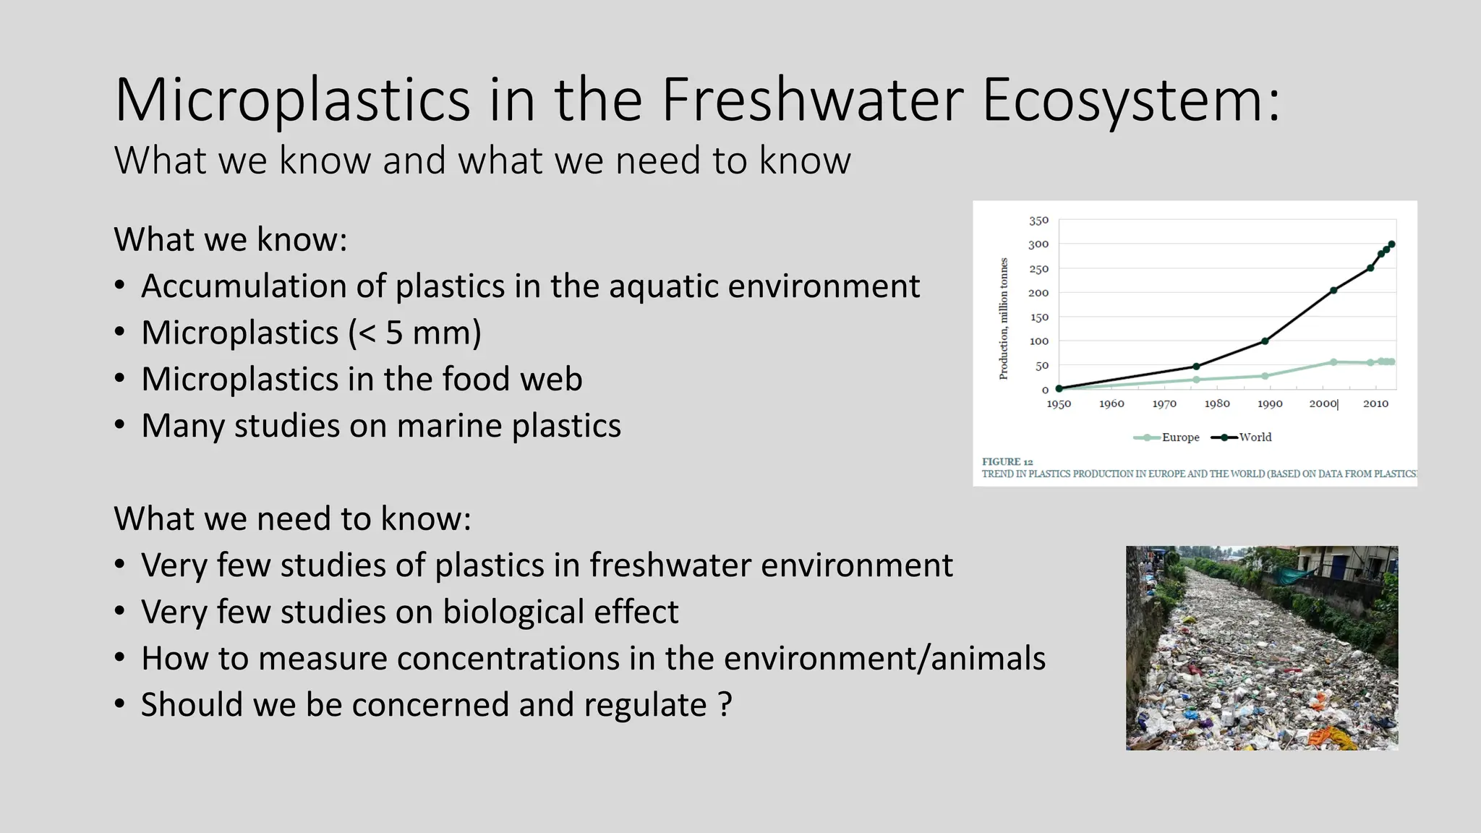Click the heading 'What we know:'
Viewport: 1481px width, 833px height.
[x=230, y=239]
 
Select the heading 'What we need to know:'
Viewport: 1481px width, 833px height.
[x=292, y=518]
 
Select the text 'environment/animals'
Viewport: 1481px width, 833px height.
[x=884, y=659]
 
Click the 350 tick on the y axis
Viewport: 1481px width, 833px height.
[x=1038, y=221]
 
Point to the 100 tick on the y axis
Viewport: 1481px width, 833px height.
[x=1038, y=341]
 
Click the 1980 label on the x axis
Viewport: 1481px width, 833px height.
[x=1217, y=403]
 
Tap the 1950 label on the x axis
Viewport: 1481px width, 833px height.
[x=1059, y=403]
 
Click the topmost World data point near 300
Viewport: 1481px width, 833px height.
[x=1391, y=244]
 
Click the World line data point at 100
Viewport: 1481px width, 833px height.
[x=1265, y=341]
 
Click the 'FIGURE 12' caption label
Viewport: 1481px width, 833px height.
[x=1007, y=461]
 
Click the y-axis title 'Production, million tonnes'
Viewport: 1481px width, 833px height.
[x=1003, y=318]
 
